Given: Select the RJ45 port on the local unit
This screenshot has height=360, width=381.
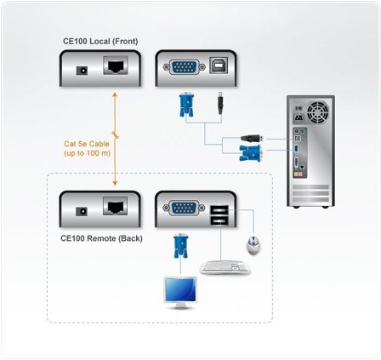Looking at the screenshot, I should coord(115,67).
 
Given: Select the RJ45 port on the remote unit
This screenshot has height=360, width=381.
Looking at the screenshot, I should coord(115,207).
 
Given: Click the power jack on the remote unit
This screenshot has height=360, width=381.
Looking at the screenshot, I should coord(82,208).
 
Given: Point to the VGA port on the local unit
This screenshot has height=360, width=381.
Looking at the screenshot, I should coord(182,67).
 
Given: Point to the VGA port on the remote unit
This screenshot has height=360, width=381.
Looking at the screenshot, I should coord(182,207).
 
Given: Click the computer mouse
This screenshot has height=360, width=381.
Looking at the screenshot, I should coord(253,247).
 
